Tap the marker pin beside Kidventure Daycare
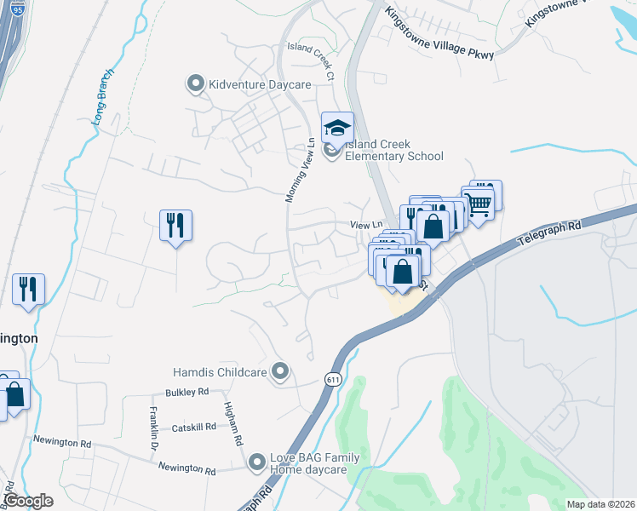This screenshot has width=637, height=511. coord(196,83)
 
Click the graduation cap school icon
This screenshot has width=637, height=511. coord(337,129)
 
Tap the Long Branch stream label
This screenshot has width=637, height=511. coord(106,95)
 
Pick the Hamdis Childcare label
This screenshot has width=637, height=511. coord(220,371)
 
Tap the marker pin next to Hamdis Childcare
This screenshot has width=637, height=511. coord(280,371)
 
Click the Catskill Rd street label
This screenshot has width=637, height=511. coord(195,428)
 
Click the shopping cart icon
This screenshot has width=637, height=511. coord(479,202)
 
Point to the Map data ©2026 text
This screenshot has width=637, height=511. coord(601,504)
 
